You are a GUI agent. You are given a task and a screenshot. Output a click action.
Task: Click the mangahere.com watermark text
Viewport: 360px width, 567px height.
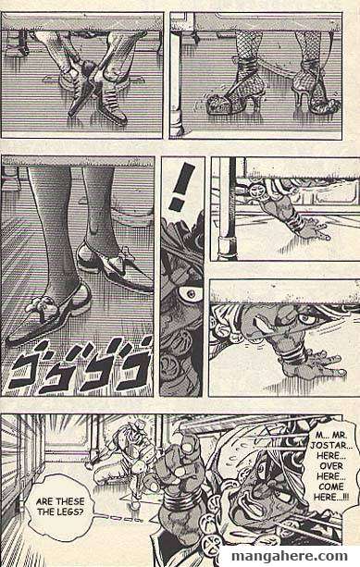click(x=289, y=556)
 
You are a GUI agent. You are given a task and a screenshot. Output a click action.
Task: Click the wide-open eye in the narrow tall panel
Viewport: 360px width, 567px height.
click(x=190, y=293)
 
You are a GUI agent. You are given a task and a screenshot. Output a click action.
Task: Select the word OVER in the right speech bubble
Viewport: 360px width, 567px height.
click(x=331, y=466)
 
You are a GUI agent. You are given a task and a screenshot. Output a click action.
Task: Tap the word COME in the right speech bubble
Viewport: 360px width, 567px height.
click(x=331, y=487)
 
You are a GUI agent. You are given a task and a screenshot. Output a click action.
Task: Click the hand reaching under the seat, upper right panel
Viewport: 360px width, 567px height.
click(x=311, y=228)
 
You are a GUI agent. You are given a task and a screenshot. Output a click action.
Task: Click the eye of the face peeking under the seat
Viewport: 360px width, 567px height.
click(x=304, y=319)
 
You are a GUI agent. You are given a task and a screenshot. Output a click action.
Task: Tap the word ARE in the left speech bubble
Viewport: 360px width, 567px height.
click(x=43, y=502)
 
